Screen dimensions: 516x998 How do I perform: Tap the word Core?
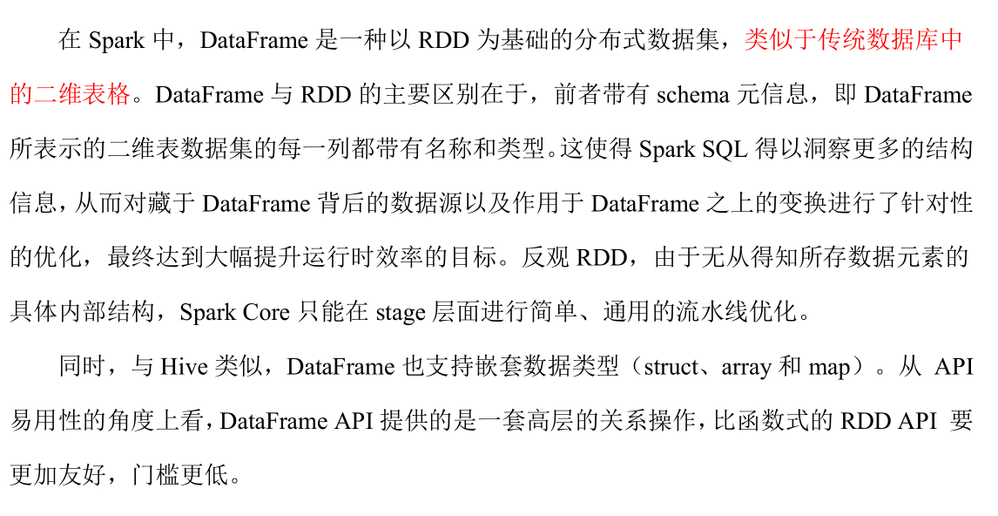[266, 313]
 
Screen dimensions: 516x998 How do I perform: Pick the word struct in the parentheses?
[671, 367]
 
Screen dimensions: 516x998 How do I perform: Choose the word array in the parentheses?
[745, 367]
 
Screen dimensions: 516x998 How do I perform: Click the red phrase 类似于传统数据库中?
[853, 40]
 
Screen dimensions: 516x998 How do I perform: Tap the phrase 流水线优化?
[737, 313]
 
